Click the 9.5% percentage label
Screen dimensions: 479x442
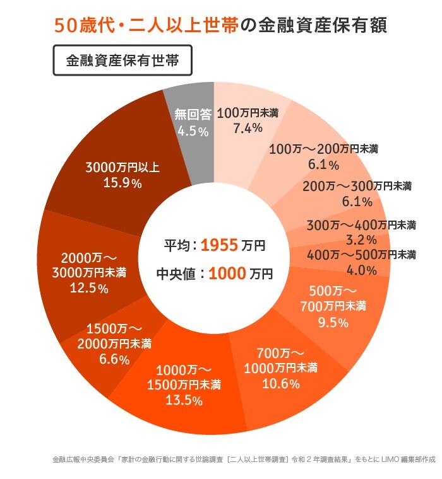[333, 323]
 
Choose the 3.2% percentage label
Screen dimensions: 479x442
[362, 239]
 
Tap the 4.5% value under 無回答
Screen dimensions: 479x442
[193, 131]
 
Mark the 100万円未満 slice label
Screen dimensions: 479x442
[248, 113]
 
